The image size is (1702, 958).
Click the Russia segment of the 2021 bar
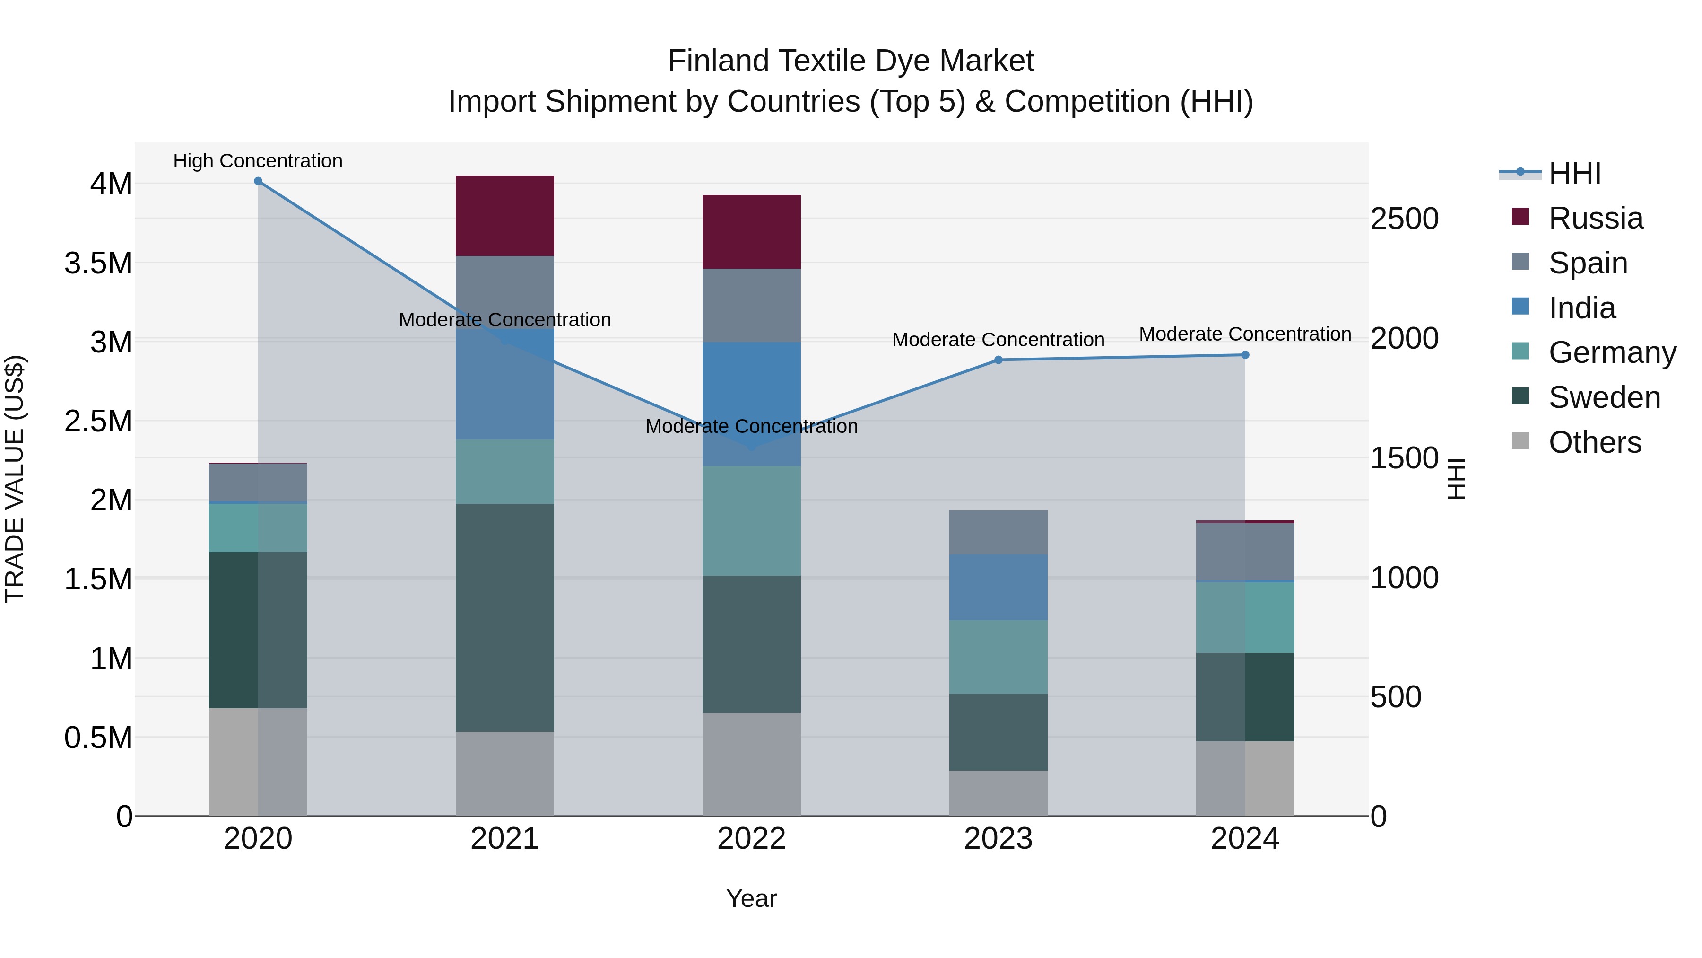(505, 216)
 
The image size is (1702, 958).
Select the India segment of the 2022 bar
(751, 403)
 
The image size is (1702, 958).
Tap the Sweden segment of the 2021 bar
(505, 617)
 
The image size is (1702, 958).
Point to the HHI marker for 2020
(258, 181)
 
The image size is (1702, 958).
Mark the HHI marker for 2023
(999, 360)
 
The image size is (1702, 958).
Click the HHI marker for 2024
(1245, 355)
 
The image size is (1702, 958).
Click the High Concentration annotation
(258, 161)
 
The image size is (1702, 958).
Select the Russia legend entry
(1595, 218)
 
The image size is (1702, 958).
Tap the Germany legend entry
(1612, 352)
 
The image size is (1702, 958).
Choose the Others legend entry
(1594, 442)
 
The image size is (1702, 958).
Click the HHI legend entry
(1574, 173)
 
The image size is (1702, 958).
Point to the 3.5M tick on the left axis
(98, 263)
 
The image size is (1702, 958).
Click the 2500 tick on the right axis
(1404, 219)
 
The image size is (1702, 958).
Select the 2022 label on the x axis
(751, 839)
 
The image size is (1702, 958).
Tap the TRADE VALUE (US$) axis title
(15, 479)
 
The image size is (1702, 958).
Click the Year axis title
(751, 898)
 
